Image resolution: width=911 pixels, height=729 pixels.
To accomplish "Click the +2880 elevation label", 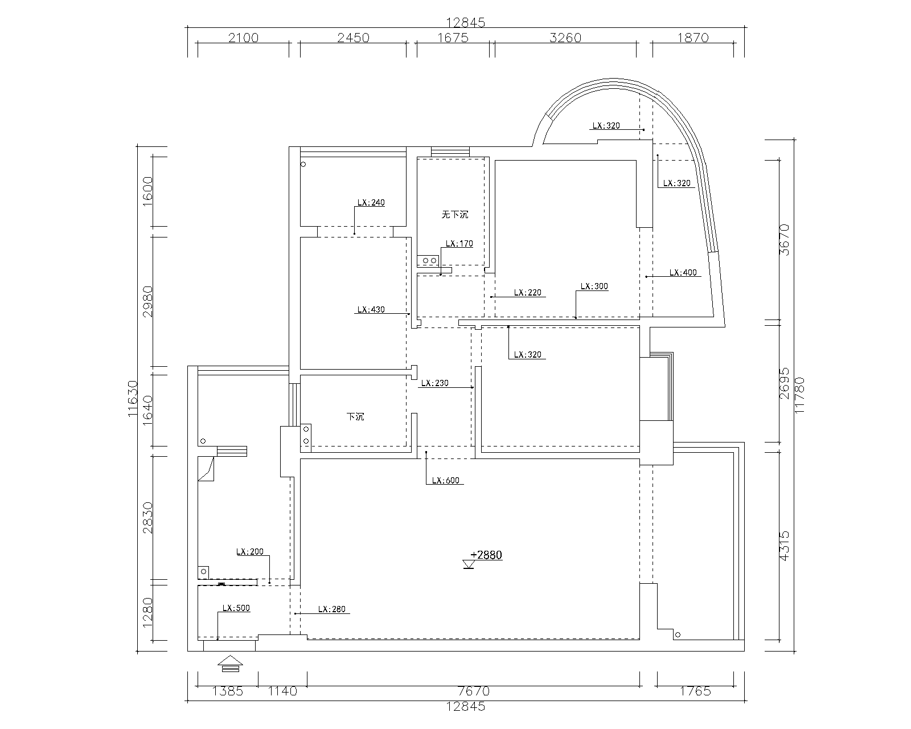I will tap(486, 555).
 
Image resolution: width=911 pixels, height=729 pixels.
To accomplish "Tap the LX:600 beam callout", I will tap(445, 481).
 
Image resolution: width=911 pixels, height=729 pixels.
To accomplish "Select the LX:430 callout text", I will tap(371, 310).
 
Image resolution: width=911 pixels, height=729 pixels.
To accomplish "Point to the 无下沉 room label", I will tap(454, 215).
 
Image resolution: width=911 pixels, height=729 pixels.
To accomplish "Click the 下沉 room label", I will tap(355, 417).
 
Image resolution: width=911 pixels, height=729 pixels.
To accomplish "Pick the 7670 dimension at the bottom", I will tap(473, 691).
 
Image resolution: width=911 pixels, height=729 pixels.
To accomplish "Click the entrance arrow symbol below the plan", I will tap(229, 664).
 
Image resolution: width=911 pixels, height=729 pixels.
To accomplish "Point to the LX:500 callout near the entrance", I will tap(236, 608).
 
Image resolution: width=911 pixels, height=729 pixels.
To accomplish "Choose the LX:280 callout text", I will tap(332, 609).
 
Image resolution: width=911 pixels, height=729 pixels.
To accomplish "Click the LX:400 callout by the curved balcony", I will tap(683, 273).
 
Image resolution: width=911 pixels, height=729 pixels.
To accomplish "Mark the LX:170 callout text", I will tap(459, 244).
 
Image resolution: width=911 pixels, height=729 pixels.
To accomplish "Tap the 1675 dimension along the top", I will tap(452, 38).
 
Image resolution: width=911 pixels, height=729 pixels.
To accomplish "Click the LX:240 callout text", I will tap(371, 202).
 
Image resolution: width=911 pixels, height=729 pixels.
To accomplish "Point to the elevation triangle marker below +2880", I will tap(469, 565).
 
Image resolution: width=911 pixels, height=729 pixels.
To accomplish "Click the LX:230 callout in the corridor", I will tap(434, 383).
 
